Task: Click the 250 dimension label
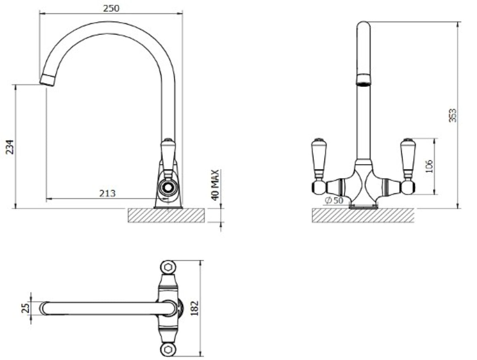point(111,8)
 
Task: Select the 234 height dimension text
point(10,147)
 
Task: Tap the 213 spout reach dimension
point(107,193)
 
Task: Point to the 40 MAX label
point(215,185)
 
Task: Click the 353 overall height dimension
point(452,115)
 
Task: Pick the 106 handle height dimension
point(429,166)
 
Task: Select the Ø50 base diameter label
point(334,200)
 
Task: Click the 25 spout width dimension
point(25,308)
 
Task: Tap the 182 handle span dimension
point(194,308)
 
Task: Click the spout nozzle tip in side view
point(47,80)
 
